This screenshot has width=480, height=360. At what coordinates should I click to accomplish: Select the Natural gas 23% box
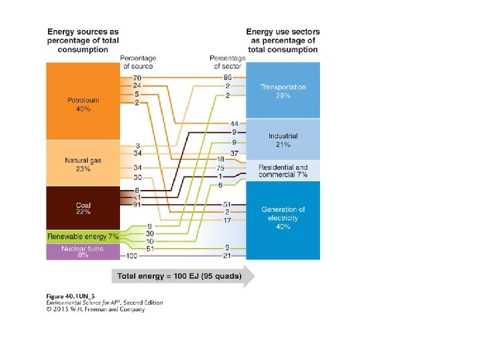click(83, 163)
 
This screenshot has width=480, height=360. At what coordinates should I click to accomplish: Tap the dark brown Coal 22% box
click(83, 207)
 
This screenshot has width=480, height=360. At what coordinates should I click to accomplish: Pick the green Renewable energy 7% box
click(83, 237)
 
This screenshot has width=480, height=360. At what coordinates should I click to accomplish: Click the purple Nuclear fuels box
click(83, 251)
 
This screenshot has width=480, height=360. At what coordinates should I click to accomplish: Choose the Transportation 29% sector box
click(283, 91)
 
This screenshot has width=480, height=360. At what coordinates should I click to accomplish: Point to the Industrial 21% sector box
click(283, 140)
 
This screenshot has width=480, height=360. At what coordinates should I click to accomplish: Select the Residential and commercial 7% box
click(283, 171)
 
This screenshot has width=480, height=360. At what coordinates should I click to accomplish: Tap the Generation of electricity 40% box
click(283, 218)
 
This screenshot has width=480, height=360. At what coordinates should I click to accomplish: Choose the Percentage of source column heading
click(138, 62)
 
